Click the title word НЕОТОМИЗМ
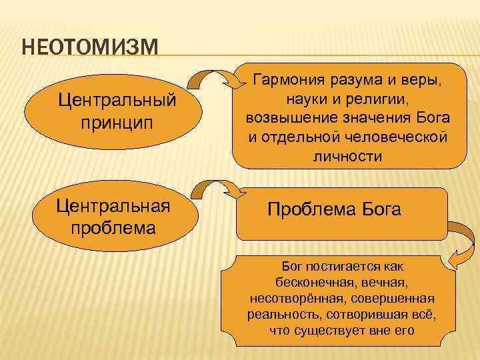point(89,49)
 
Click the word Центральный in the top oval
point(117,102)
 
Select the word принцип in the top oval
point(117,125)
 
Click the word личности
point(347,156)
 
